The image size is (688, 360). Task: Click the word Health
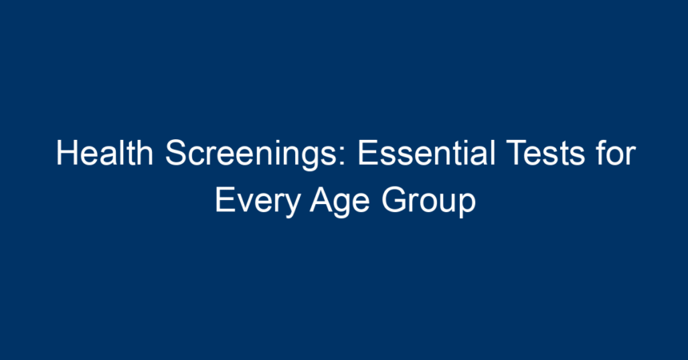click(105, 153)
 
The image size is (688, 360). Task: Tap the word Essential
click(427, 153)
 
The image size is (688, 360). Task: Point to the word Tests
click(546, 153)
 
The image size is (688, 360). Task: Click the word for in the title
click(616, 153)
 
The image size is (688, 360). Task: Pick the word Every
click(258, 202)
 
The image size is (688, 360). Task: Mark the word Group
click(429, 202)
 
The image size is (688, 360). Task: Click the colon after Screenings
click(342, 156)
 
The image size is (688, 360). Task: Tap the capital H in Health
click(67, 153)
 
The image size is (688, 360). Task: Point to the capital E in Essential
click(368, 153)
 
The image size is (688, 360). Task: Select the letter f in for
click(602, 153)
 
